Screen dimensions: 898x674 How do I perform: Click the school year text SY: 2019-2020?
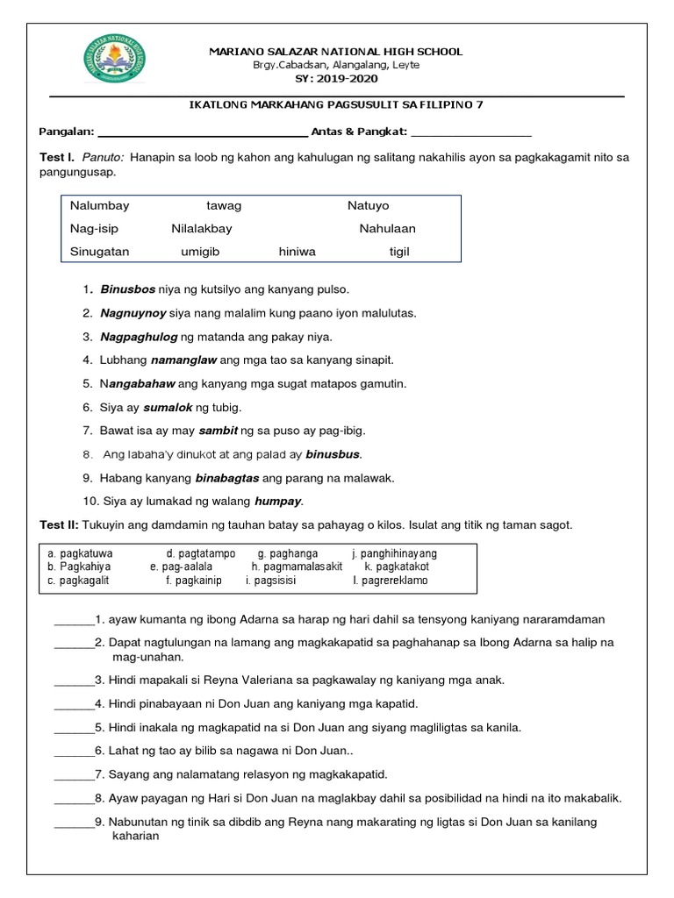335,78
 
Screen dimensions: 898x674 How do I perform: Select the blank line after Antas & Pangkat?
470,133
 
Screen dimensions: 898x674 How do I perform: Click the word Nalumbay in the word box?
100,206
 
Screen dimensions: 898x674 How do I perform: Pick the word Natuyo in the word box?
368,206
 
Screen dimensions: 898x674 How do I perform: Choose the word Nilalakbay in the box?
202,229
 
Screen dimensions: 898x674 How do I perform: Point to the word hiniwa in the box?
297,252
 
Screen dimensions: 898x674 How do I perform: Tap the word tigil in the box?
399,252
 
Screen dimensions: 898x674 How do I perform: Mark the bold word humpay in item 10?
277,502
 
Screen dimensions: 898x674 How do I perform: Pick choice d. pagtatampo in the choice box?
201,554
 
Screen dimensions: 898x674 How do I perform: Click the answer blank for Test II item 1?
74,620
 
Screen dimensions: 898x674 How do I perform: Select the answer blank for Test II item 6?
74,752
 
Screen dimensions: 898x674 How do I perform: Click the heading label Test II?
60,525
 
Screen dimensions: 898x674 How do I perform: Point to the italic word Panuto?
104,158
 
